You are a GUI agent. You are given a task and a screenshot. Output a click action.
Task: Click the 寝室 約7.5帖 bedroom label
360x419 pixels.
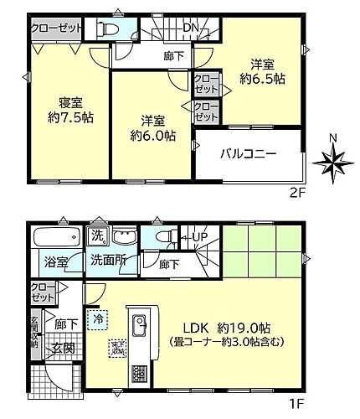coord(63,111)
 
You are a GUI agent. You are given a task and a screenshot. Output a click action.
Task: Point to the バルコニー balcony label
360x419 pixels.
coord(249,155)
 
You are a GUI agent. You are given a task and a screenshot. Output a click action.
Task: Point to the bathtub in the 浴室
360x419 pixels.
coord(57,236)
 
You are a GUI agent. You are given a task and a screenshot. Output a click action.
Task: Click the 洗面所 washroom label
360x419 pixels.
coord(109,261)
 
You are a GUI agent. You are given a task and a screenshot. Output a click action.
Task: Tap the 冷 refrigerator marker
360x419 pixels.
coord(100,318)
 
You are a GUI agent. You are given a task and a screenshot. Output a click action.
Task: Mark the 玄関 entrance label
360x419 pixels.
coord(59,348)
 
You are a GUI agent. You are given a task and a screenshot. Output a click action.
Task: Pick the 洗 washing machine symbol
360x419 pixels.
coord(98,235)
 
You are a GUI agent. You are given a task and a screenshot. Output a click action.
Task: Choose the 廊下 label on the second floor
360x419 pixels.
coord(174,57)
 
